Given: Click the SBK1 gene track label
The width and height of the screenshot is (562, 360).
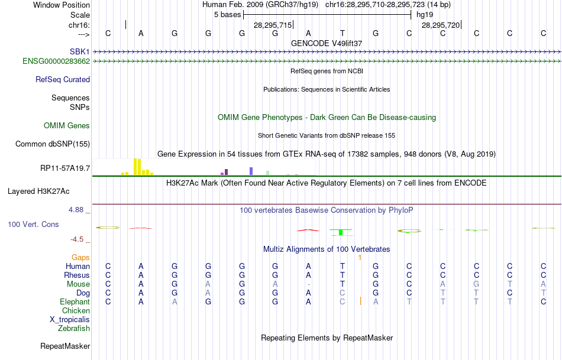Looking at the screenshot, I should (x=80, y=52).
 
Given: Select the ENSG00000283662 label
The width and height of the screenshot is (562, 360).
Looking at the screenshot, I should (x=56, y=61).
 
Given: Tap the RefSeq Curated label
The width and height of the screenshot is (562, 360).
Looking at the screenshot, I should (x=63, y=80).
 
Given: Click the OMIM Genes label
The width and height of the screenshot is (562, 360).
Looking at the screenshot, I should (x=67, y=126).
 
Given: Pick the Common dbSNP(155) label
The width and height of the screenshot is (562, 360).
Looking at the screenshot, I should (x=53, y=144).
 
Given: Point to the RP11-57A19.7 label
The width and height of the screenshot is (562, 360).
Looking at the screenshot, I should (x=65, y=168).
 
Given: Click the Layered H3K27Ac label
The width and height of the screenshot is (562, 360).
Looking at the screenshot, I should (x=38, y=192).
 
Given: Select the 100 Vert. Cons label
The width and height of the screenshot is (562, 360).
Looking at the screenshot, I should (x=33, y=225).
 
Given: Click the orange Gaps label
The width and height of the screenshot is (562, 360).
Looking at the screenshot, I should (x=80, y=258).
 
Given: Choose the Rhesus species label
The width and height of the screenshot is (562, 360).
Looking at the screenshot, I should (x=77, y=275).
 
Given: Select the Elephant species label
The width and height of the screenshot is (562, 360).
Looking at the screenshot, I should (x=75, y=302).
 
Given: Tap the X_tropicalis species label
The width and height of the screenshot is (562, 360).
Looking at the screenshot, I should (x=70, y=320).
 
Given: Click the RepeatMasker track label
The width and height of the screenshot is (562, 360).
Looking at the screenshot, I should (x=65, y=346).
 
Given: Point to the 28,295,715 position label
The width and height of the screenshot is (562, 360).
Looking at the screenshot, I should (x=273, y=25).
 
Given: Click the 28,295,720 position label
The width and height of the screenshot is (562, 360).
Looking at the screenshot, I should (x=441, y=25).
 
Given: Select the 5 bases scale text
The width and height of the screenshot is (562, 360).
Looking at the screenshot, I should (x=227, y=14).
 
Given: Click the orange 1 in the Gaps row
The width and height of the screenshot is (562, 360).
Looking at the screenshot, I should (x=360, y=258).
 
